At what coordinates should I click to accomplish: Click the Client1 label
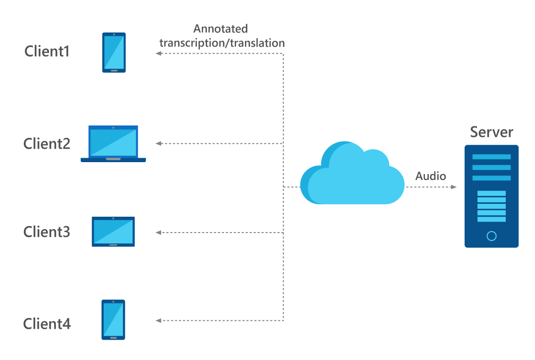47,51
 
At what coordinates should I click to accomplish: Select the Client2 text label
47,144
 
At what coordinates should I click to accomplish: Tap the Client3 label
47,232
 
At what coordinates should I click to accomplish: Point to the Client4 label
47,324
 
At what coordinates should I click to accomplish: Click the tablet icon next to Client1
114,53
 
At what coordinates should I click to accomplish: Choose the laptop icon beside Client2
113,144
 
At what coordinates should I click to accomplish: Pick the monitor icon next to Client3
113,232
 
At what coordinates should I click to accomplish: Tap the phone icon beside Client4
113,320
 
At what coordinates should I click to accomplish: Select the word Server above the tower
491,132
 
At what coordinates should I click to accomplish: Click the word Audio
430,176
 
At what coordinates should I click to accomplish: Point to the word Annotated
220,29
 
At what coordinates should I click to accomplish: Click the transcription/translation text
222,43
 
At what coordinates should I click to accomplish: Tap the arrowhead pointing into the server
454,187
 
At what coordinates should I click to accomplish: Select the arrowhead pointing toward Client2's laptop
159,144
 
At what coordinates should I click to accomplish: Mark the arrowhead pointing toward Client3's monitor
159,233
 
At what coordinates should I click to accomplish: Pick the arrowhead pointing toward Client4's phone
159,321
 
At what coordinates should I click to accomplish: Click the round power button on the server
491,236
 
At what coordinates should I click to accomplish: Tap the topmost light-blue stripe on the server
491,157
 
